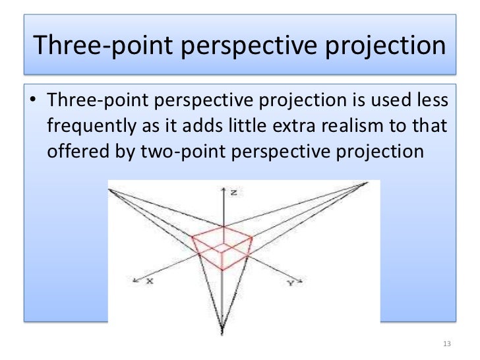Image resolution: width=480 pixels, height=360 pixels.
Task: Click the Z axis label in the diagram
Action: (234, 193)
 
